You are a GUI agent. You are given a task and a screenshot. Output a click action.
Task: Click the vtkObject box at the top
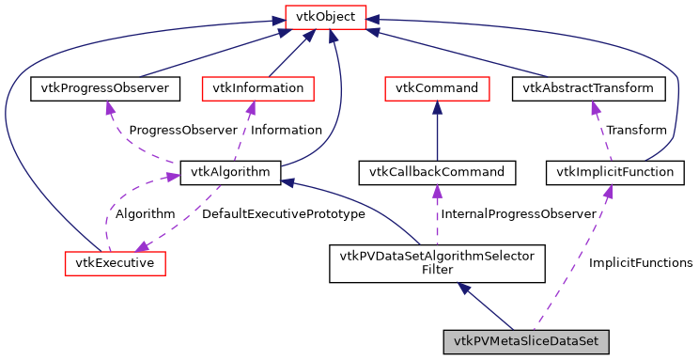(325, 18)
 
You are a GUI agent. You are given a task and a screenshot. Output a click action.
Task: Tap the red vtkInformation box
(258, 89)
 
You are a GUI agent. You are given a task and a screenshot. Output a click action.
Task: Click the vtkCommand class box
(437, 89)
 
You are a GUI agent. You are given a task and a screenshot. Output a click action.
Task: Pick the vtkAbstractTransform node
(588, 89)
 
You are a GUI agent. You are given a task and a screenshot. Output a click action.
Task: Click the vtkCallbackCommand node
(437, 172)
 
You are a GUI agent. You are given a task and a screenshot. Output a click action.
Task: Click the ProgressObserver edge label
(169, 130)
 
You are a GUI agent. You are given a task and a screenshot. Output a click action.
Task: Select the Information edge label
(287, 130)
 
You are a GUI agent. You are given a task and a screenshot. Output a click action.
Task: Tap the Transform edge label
(636, 130)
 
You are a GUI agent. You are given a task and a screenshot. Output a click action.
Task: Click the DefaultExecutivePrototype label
(284, 214)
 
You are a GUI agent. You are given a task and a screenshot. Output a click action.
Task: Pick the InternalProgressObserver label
(519, 214)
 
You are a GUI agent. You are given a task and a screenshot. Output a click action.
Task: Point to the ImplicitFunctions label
(640, 262)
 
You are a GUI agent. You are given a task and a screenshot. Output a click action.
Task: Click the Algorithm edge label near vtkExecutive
(146, 214)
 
